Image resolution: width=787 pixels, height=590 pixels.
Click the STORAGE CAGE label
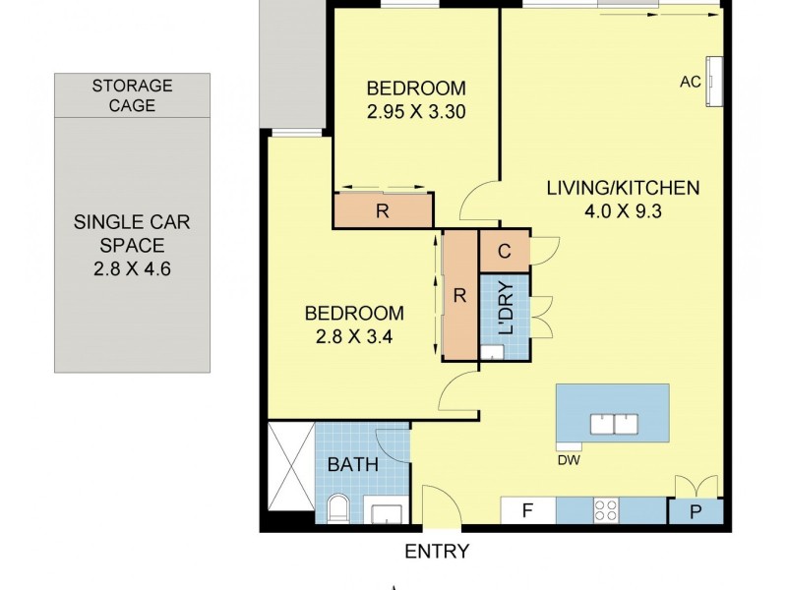point(132,95)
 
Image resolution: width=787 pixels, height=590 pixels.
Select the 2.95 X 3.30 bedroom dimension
point(415,111)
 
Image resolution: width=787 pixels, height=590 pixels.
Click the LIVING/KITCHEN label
point(623,188)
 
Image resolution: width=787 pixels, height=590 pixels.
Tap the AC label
point(690,82)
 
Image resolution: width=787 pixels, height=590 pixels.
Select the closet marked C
point(504,251)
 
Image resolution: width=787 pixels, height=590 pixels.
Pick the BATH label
point(352,464)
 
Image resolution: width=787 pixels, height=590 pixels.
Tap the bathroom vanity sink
point(384,511)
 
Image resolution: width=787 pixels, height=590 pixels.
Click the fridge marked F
point(527,510)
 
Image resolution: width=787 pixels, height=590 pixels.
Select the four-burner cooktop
point(606,510)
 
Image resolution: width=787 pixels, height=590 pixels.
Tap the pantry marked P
point(696,511)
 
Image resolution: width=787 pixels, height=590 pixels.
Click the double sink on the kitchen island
point(615,424)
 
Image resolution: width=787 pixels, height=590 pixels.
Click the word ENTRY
point(437,552)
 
